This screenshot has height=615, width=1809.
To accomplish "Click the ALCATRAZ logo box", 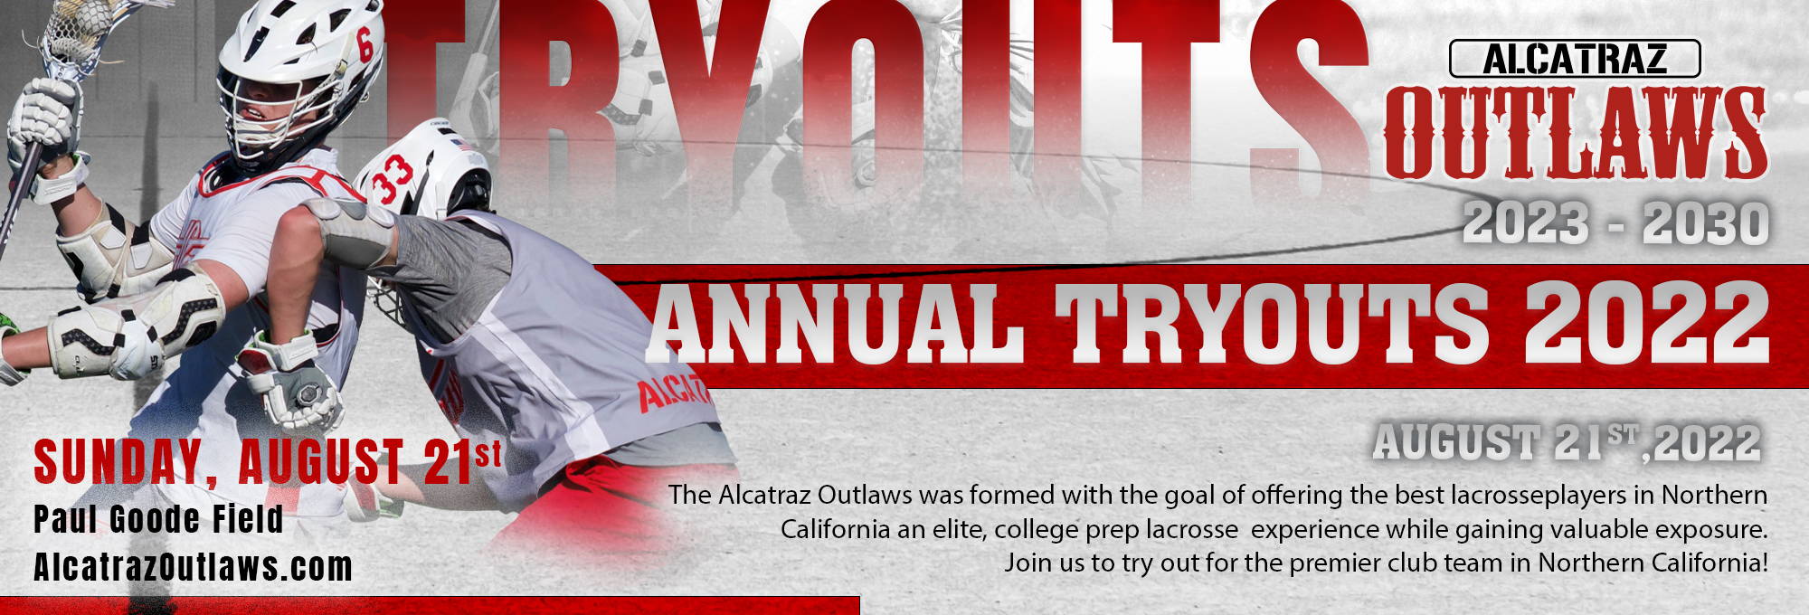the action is (1575, 59).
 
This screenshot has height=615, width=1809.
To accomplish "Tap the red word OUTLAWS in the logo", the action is (1576, 133).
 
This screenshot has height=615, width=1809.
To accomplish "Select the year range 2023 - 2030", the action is (1615, 222).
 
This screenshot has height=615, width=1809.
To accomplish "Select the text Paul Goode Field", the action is (158, 520).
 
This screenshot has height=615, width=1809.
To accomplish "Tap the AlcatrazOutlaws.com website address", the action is (193, 567).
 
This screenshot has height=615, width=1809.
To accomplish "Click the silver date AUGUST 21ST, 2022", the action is (1567, 443).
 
